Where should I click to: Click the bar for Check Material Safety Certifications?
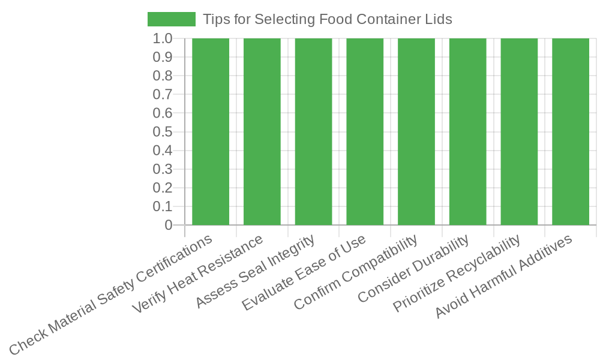[x=211, y=132]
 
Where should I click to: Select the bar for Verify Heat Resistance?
[x=262, y=132]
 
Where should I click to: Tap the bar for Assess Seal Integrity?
[x=313, y=132]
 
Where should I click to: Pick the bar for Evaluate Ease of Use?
[x=365, y=132]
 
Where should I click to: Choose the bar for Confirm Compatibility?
[x=416, y=132]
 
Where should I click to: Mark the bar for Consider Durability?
[x=467, y=132]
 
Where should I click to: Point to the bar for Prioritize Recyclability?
[x=519, y=132]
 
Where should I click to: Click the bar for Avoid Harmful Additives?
[x=571, y=132]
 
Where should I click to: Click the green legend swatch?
[x=172, y=19]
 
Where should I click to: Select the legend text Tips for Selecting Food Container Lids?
[x=327, y=19]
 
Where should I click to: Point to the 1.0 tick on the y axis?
[x=163, y=38]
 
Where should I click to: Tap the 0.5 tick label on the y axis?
[x=163, y=132]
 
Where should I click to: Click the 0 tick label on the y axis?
[x=169, y=225]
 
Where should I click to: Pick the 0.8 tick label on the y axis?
[x=163, y=76]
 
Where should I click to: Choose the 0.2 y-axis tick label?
[x=163, y=188]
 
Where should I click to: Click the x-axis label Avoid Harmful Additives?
[x=504, y=277]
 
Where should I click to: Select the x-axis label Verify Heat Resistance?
[x=198, y=274]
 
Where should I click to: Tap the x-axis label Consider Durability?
[x=412, y=270]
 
